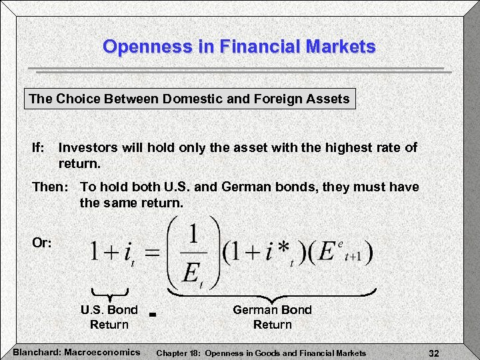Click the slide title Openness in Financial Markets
coord(239,47)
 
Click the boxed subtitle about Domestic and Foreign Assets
coord(189,99)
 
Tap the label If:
coord(39,147)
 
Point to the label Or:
coord(42,243)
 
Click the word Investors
coord(88,147)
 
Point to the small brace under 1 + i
coord(109,291)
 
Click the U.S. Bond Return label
coord(109,317)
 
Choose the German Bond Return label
coord(272,317)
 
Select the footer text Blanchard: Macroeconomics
coord(77,352)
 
